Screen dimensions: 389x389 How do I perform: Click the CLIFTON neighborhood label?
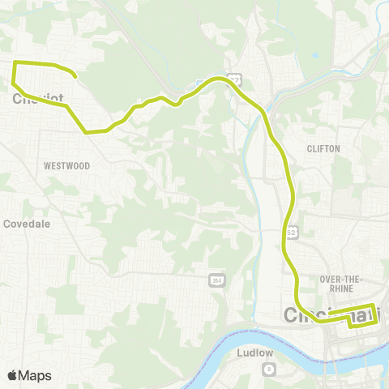coord(323,148)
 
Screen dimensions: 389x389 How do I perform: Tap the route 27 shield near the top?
coord(233,78)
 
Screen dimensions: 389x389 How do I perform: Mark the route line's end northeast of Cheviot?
coord(75,77)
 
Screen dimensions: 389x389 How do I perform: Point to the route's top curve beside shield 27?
coord(216,79)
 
